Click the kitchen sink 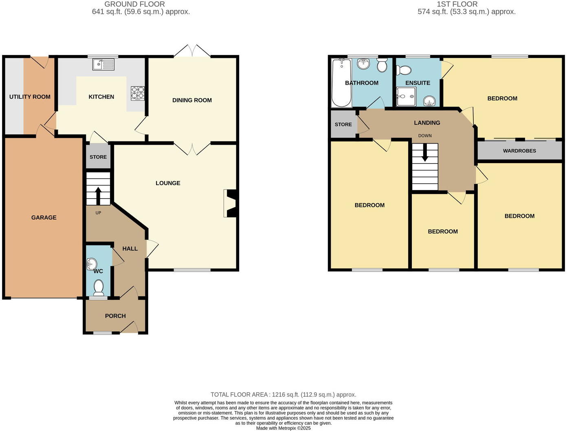pyautogui.click(x=103, y=64)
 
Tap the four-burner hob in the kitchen pyautogui.click(x=138, y=93)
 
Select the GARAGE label pyautogui.click(x=44, y=217)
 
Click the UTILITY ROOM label pyautogui.click(x=30, y=97)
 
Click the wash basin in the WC pyautogui.click(x=91, y=264)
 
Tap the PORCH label pyautogui.click(x=115, y=316)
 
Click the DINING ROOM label pyautogui.click(x=192, y=100)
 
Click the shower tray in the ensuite pyautogui.click(x=406, y=97)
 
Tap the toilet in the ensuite pyautogui.click(x=404, y=70)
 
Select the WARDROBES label pyautogui.click(x=519, y=150)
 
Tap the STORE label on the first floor pyautogui.click(x=343, y=124)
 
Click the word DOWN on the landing pyautogui.click(x=425, y=136)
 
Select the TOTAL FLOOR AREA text pyautogui.click(x=283, y=394)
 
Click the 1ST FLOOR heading pyautogui.click(x=457, y=4)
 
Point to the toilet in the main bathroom pyautogui.click(x=382, y=65)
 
